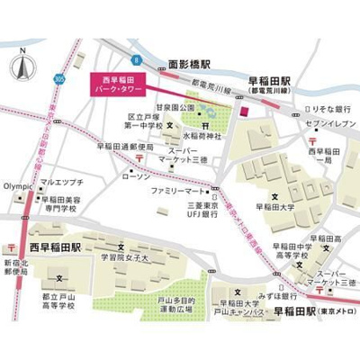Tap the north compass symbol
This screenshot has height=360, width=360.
click(x=20, y=67)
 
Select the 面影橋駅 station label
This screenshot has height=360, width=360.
click(x=189, y=66)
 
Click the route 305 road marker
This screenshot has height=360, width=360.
click(x=59, y=79)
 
